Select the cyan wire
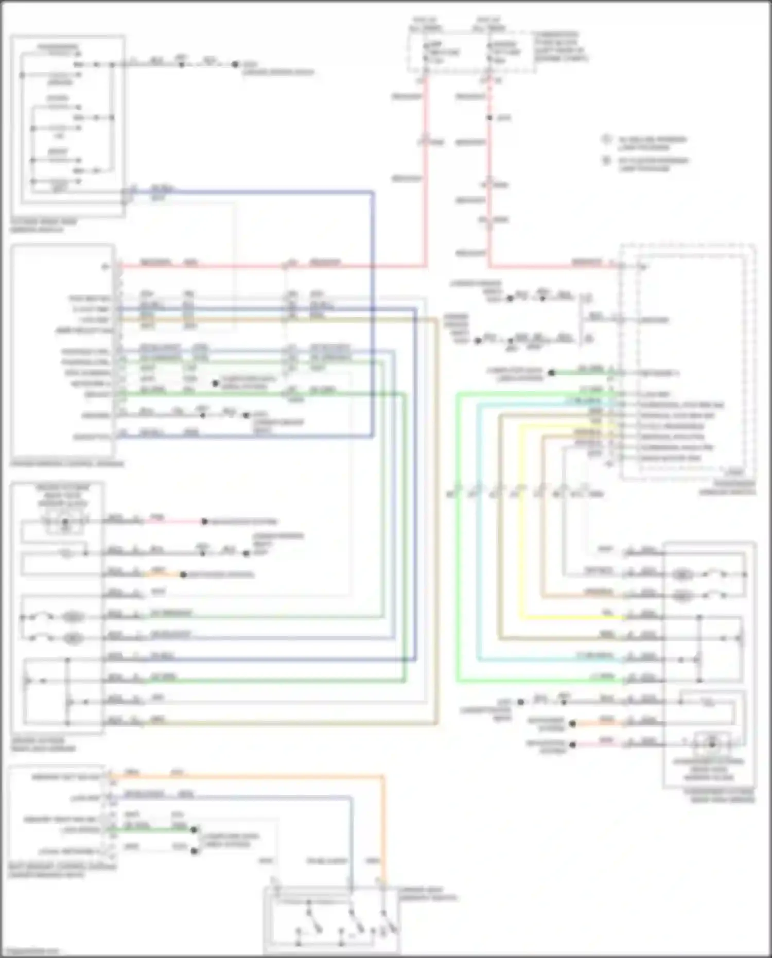point(479,530)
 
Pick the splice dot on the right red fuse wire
point(489,118)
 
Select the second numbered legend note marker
point(607,161)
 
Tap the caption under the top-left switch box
point(43,225)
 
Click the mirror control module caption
point(67,464)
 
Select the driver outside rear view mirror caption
point(43,744)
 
